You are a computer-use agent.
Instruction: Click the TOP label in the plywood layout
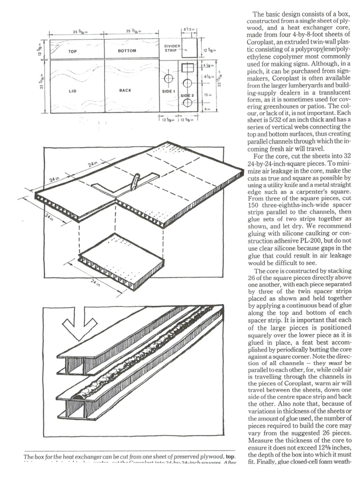73,50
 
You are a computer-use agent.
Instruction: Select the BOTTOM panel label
127,50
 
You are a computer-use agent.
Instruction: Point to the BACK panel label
125,90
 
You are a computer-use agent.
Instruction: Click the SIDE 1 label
168,91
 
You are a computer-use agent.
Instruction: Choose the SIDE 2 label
187,96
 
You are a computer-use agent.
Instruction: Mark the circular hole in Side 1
168,78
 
